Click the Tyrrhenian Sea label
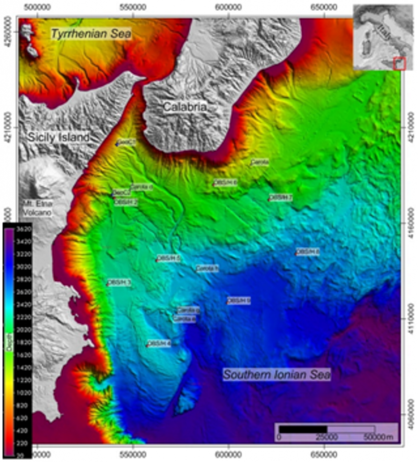[91, 33]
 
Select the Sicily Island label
[59, 138]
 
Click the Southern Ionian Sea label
[277, 374]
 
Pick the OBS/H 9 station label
[239, 300]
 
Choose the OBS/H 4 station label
[159, 344]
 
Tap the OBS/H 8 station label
[308, 252]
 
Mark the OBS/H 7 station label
[281, 198]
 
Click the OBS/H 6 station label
[226, 182]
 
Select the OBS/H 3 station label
[119, 282]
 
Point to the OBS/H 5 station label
[168, 259]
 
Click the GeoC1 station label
[127, 143]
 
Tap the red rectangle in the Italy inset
[400, 64]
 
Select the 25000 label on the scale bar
[327, 437]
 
